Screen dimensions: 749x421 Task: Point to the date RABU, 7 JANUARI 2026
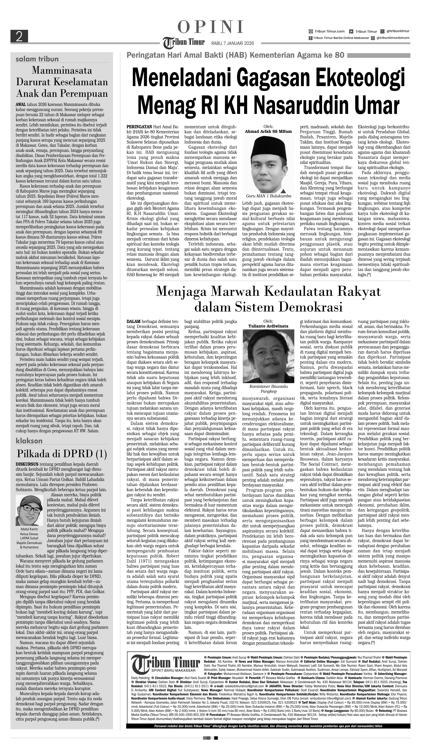point(232,43)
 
